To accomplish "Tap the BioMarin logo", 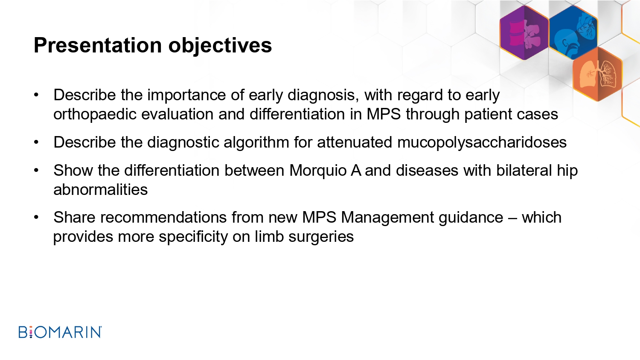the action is click(x=60, y=332).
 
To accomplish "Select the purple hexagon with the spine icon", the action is click(x=524, y=33).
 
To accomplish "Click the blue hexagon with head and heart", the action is click(x=573, y=32).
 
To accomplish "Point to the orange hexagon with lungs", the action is click(x=598, y=74).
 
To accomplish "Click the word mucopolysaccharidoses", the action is click(x=482, y=142).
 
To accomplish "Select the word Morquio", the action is click(x=318, y=171).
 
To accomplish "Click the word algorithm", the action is click(x=256, y=142).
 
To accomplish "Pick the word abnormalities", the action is click(x=101, y=189).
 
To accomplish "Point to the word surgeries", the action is click(x=321, y=237).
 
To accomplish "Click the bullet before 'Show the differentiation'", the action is click(x=36, y=170).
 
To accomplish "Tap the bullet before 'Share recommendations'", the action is click(x=36, y=218).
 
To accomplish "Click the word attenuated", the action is click(x=355, y=142).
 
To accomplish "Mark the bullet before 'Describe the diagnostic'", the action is click(x=36, y=142).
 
